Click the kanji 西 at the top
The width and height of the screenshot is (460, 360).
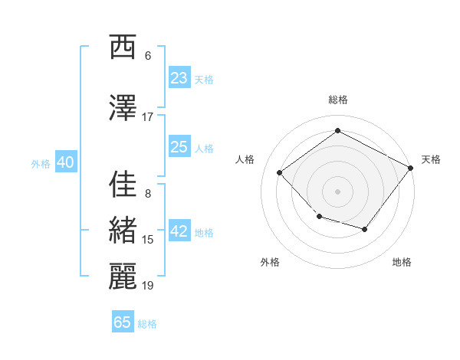pos(123,47)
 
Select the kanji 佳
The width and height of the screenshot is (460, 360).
pos(123,184)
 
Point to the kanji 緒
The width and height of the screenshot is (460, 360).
pos(123,230)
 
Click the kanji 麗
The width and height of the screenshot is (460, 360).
pos(123,276)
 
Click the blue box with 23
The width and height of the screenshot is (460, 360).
pos(179,78)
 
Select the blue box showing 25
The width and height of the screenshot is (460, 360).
pos(179,147)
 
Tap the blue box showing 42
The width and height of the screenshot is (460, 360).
pos(179,232)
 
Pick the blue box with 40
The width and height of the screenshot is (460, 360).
pos(65,162)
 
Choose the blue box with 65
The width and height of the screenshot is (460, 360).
pos(123,322)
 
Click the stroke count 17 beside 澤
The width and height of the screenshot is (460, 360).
pos(148,116)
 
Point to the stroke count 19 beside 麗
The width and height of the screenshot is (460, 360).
pos(148,286)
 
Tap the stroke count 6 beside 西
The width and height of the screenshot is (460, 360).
pos(148,55)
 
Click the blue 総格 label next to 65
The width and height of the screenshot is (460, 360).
pos(147,324)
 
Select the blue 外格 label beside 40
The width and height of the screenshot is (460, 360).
pos(41,163)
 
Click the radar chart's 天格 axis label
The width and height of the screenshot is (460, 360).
pos(431,159)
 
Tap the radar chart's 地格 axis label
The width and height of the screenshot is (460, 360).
pos(402,262)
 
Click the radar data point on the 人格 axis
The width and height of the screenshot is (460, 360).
pos(280,172)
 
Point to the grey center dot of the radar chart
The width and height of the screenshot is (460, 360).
pos(337,191)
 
